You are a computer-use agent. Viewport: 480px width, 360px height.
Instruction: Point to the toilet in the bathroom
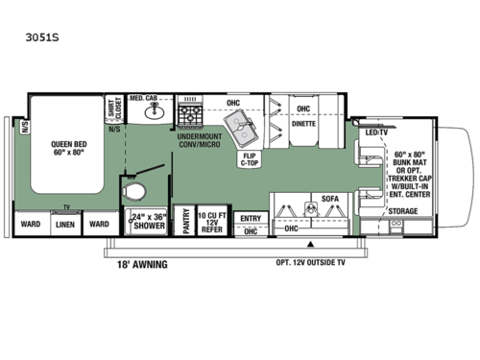(x=142, y=189)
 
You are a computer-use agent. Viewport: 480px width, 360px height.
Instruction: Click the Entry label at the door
(x=250, y=217)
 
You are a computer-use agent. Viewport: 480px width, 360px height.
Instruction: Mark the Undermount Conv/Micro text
(x=201, y=142)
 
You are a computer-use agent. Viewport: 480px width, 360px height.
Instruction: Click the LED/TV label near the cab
(x=375, y=132)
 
